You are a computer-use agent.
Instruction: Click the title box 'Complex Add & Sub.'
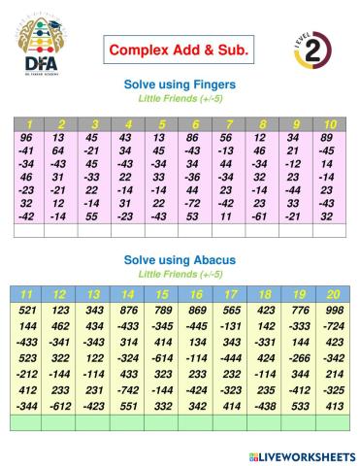coord(180,49)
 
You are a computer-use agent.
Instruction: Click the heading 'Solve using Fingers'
coord(180,84)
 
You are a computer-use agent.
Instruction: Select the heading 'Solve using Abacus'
coord(180,261)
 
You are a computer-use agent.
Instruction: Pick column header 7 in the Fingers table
coord(228,124)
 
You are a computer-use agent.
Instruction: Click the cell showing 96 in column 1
coord(26,138)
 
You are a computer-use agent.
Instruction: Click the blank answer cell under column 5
coord(160,231)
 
